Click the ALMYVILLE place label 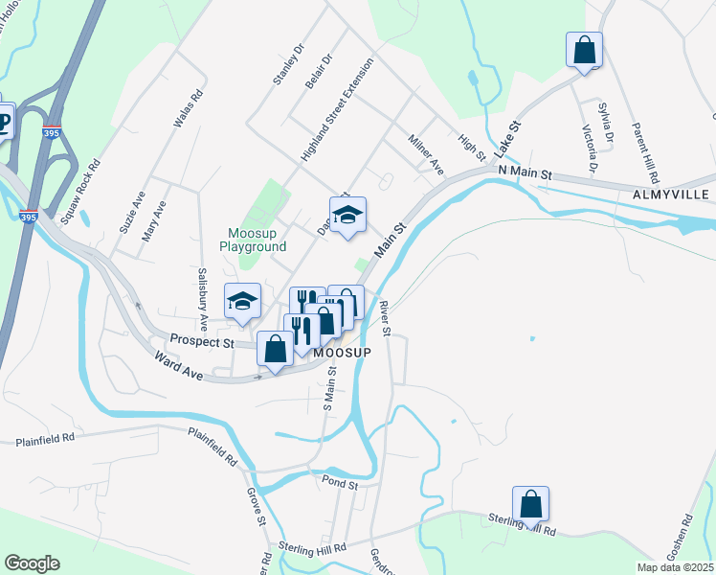[671, 194]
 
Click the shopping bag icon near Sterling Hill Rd [531, 503]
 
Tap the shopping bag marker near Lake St [584, 50]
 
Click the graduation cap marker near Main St [348, 215]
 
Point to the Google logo [32, 563]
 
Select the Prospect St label [202, 340]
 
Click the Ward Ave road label [180, 368]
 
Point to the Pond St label [340, 485]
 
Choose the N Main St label [526, 174]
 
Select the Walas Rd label [188, 109]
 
